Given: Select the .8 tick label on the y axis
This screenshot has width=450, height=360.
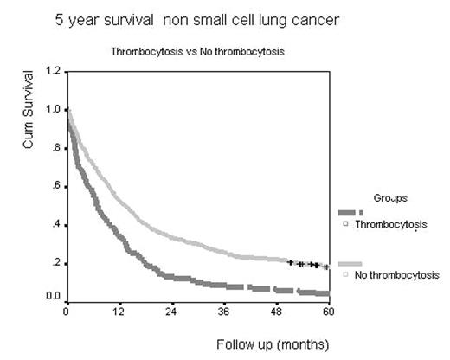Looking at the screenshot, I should point(56,147).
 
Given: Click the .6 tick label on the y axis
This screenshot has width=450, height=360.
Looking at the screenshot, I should point(56,185).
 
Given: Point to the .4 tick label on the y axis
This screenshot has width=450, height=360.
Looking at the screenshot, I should point(56,224).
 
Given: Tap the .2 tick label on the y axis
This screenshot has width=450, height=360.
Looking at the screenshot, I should point(56,262).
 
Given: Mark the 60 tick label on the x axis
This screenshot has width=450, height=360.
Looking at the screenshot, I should point(327,312).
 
